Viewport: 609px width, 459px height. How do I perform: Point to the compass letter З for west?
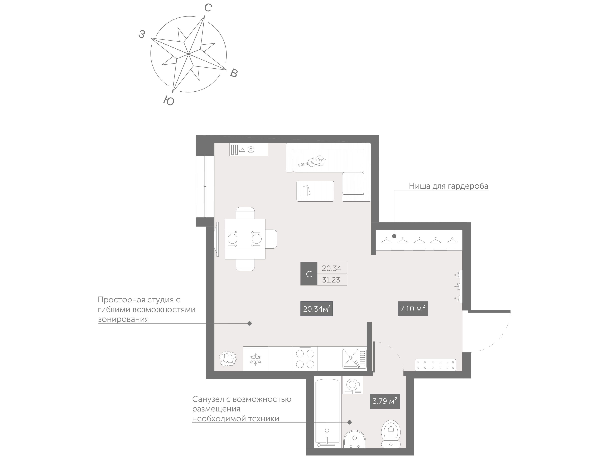point(142,34)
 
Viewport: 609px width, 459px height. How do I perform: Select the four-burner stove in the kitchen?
point(305,359)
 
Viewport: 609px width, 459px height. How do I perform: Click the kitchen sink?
point(354,359)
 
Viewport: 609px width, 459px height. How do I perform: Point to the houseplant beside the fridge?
point(228,358)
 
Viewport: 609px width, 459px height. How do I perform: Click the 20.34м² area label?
point(316,309)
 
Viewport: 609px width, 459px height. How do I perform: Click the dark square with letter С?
point(309,274)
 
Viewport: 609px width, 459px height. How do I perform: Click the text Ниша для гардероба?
point(449,186)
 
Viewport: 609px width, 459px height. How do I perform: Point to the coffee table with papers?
point(315,191)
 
